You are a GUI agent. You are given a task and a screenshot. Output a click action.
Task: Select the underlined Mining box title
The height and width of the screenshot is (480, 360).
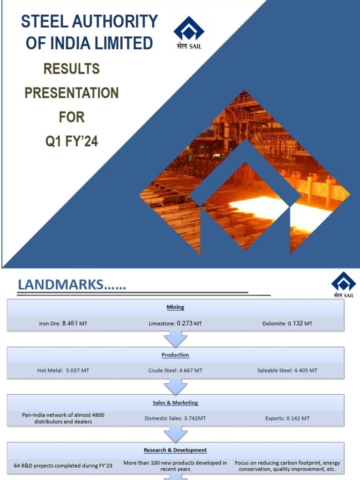175,307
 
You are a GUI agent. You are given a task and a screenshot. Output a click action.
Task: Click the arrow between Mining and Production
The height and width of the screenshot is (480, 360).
175,338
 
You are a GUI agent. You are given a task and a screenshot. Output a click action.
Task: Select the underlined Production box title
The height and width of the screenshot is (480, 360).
175,355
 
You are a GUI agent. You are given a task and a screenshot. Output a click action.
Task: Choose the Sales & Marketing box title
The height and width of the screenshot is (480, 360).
175,403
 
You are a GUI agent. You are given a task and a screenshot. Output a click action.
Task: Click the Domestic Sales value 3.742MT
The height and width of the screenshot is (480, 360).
195,418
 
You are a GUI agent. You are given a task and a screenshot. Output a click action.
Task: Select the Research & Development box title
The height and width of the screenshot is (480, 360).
175,450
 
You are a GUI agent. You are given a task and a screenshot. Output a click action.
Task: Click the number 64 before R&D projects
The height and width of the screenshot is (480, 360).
17,466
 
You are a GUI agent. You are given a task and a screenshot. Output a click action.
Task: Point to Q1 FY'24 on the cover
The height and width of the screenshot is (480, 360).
72,141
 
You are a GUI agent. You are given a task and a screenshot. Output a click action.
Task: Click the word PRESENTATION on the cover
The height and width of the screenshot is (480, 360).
72,93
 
